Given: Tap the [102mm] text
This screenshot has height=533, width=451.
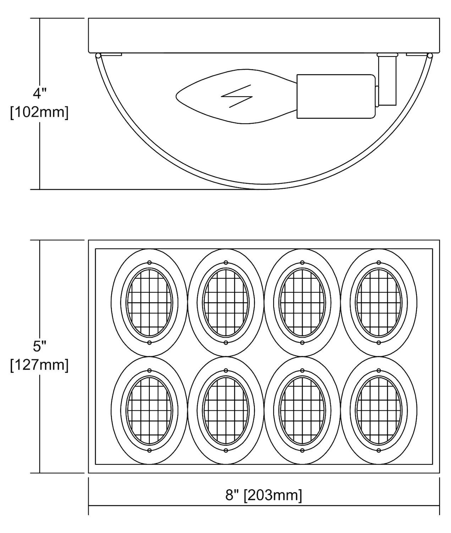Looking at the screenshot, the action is [x=39, y=113].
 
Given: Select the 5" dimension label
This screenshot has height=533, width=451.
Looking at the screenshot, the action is [x=40, y=346].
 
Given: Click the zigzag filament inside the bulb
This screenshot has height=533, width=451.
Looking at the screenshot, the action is [x=237, y=96].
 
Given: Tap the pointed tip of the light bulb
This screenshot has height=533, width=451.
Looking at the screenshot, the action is [x=176, y=96].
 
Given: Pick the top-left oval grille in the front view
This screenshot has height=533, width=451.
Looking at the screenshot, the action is [x=149, y=302].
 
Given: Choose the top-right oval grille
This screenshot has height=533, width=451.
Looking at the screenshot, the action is [x=379, y=302].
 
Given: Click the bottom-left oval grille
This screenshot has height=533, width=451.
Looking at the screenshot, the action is [x=149, y=410].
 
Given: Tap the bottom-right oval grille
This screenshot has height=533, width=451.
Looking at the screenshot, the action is [x=379, y=410].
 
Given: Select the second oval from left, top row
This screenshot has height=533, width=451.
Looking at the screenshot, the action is [x=226, y=302].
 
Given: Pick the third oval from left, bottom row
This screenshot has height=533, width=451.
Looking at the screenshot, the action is [x=302, y=410].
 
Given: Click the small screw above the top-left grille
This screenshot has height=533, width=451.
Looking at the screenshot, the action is [x=149, y=263].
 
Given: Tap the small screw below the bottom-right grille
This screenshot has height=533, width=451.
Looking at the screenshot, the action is [x=379, y=450].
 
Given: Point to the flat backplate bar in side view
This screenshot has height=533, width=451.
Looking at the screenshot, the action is [x=264, y=36].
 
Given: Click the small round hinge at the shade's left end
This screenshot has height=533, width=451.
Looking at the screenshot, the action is [x=98, y=55].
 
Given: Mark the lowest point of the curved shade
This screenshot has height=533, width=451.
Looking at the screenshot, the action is [x=264, y=189].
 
